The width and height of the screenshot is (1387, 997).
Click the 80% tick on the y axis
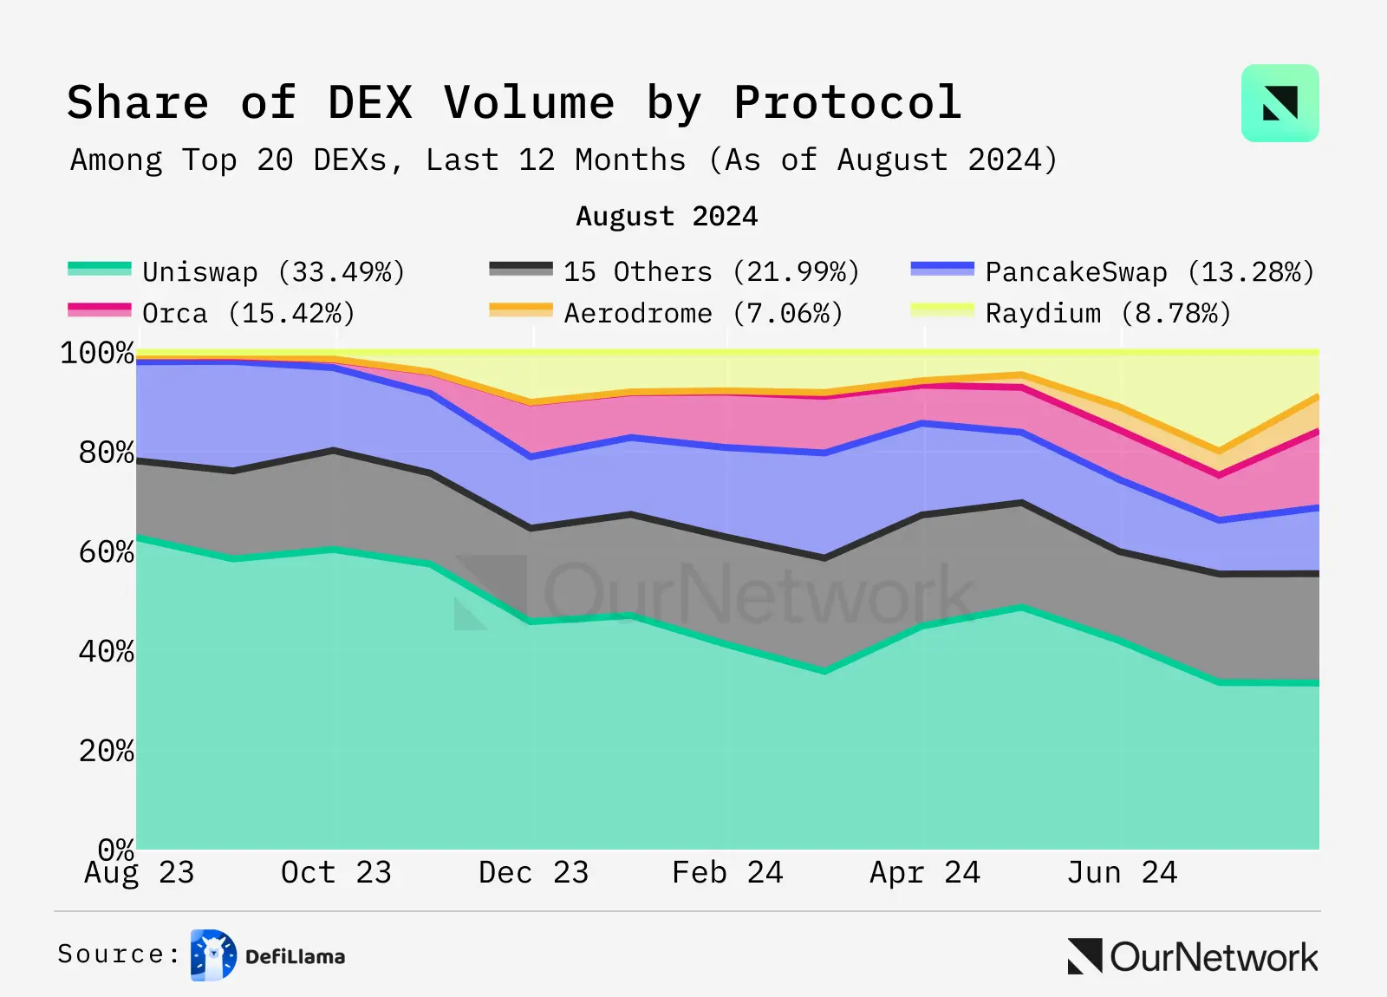pyautogui.click(x=106, y=453)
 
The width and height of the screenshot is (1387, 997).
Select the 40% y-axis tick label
pyautogui.click(x=106, y=652)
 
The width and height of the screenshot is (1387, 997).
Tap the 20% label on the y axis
pyautogui.click(x=106, y=751)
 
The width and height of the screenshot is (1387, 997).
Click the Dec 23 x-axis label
pyautogui.click(x=533, y=872)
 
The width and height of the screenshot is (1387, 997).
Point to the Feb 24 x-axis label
pyautogui.click(x=727, y=872)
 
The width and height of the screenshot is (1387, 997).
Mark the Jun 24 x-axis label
pyautogui.click(x=1122, y=872)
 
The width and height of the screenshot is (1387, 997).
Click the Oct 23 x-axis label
pyautogui.click(x=336, y=872)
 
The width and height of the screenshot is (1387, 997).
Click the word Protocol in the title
pyautogui.click(x=847, y=103)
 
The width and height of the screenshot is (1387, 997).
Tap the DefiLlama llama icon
pyautogui.click(x=213, y=955)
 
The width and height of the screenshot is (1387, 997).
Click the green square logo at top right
pyautogui.click(x=1280, y=103)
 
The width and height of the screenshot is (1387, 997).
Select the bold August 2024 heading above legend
pyautogui.click(x=667, y=216)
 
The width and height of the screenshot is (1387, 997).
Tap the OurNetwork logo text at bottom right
pyautogui.click(x=1213, y=957)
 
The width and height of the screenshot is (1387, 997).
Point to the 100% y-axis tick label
pyautogui.click(x=97, y=353)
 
